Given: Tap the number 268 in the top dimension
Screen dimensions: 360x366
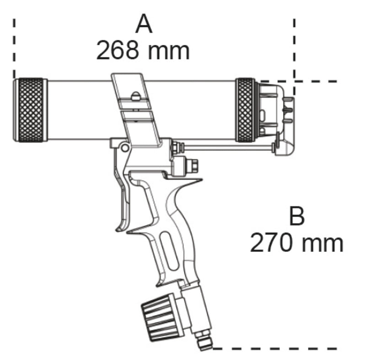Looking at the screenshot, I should [x=118, y=51].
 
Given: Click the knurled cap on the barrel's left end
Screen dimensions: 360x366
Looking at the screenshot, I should [x=30, y=110].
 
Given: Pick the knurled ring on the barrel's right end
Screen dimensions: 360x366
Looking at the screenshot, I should [x=246, y=110].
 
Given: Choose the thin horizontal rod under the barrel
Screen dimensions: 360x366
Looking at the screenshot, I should [x=229, y=147].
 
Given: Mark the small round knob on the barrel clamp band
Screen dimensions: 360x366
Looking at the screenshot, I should [x=135, y=96].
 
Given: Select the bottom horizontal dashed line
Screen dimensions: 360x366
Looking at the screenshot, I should [x=274, y=348].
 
